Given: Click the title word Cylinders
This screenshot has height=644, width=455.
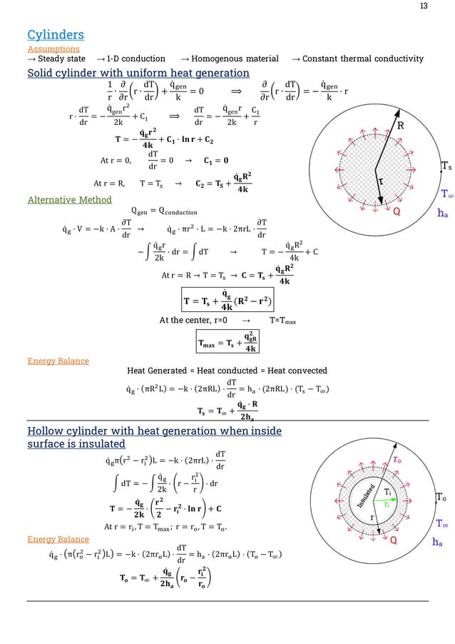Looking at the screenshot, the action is [x=55, y=34].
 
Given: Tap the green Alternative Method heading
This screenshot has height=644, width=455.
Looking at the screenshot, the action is [x=64, y=201].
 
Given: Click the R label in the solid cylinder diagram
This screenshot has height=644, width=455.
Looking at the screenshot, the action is [x=401, y=126].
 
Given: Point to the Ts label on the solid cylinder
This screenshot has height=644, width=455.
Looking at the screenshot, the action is [x=445, y=166].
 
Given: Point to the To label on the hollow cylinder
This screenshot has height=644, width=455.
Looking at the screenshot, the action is [x=441, y=498].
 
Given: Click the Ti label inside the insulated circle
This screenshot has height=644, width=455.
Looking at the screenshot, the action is [x=387, y=493].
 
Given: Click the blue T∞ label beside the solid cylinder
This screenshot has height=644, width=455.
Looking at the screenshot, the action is [x=446, y=193].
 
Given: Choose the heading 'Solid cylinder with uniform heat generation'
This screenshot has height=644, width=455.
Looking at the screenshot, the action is [x=138, y=74].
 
